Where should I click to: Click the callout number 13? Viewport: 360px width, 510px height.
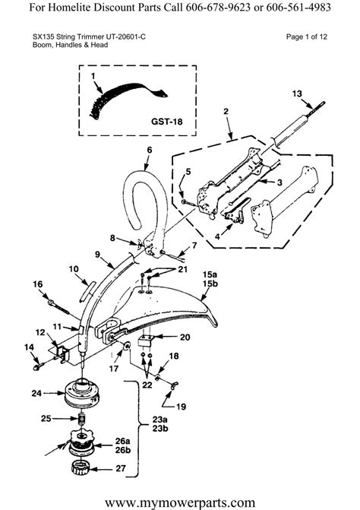tap(298, 93)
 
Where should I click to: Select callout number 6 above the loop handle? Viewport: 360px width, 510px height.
tap(150, 150)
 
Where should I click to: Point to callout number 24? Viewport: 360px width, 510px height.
tap(36, 393)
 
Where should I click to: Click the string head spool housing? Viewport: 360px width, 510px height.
tap(82, 394)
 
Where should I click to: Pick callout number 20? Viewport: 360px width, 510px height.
tap(185, 338)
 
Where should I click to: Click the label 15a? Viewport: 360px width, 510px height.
tap(209, 274)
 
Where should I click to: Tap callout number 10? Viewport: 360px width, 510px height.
tap(73, 268)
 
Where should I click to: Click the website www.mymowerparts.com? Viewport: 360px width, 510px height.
tap(179, 502)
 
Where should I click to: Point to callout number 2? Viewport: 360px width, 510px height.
tap(226, 112)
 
